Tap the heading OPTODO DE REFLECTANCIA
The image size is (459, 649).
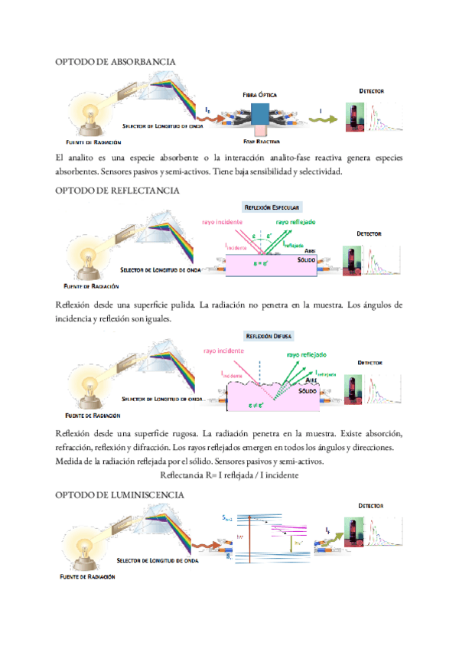point(118,190)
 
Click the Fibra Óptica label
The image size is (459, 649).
point(259,94)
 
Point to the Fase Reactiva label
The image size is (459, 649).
point(262,142)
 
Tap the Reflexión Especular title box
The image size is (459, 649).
point(272,207)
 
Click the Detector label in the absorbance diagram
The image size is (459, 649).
point(372,91)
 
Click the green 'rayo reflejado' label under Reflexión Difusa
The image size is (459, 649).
point(307,355)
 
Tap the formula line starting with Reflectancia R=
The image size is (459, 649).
point(229,475)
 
